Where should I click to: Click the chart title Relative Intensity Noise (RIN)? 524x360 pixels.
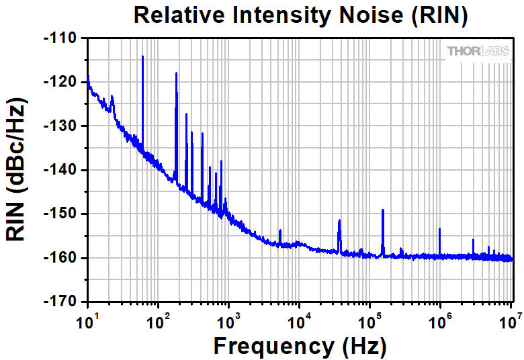tap(300, 15)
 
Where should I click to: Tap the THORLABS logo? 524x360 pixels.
tap(478, 51)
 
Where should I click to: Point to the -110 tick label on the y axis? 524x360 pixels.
tap(61, 38)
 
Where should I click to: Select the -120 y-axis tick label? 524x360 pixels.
tap(61, 82)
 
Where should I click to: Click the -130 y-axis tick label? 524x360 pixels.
tap(61, 126)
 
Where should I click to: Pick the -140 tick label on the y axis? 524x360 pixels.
tap(61, 170)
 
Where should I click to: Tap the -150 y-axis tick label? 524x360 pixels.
tap(61, 214)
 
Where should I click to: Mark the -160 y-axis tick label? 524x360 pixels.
tap(61, 258)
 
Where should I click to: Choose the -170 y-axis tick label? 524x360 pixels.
tap(61, 302)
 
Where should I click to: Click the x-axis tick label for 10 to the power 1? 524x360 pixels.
tap(87, 320)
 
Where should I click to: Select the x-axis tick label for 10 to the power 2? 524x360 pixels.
tap(159, 320)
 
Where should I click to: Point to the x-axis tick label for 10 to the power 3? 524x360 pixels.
tap(229, 320)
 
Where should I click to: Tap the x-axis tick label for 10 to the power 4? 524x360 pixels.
tap(300, 320)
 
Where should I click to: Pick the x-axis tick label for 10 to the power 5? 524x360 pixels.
tap(370, 320)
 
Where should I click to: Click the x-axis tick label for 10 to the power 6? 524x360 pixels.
tap(441, 320)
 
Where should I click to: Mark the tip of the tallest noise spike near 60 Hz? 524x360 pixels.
tap(143, 56)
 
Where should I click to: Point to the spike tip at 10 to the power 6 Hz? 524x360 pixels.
tap(439, 229)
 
